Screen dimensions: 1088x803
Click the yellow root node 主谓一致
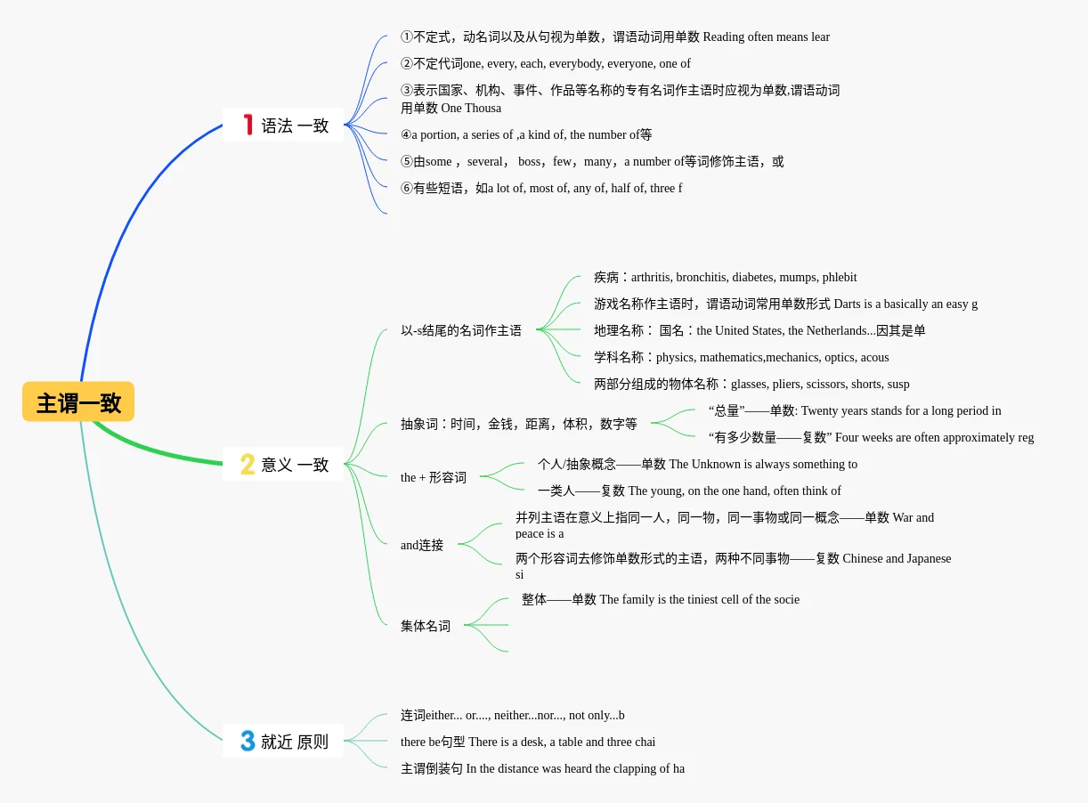(x=78, y=402)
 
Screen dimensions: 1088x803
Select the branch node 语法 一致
(x=283, y=126)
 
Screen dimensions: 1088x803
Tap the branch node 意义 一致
(x=283, y=464)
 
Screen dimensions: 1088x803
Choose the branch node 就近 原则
(x=283, y=741)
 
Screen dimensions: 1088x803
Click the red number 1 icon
(x=248, y=125)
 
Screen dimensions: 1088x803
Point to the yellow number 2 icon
(x=248, y=464)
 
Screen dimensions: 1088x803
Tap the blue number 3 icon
(x=248, y=741)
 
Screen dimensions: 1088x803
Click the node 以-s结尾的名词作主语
(x=461, y=330)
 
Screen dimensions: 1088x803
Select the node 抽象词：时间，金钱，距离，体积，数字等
(x=519, y=424)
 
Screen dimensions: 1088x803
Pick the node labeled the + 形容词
(x=434, y=477)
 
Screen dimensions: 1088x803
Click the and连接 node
(x=422, y=545)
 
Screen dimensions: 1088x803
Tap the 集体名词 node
(x=426, y=626)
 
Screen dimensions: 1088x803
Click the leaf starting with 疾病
(x=725, y=277)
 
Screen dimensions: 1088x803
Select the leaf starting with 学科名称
(x=741, y=357)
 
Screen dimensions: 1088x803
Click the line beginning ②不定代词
(x=545, y=63)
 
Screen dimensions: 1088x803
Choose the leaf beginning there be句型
(x=527, y=742)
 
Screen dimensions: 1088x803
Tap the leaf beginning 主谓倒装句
(x=542, y=768)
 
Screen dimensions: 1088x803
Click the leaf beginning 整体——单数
(x=660, y=599)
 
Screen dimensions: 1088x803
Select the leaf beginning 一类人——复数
(x=688, y=491)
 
